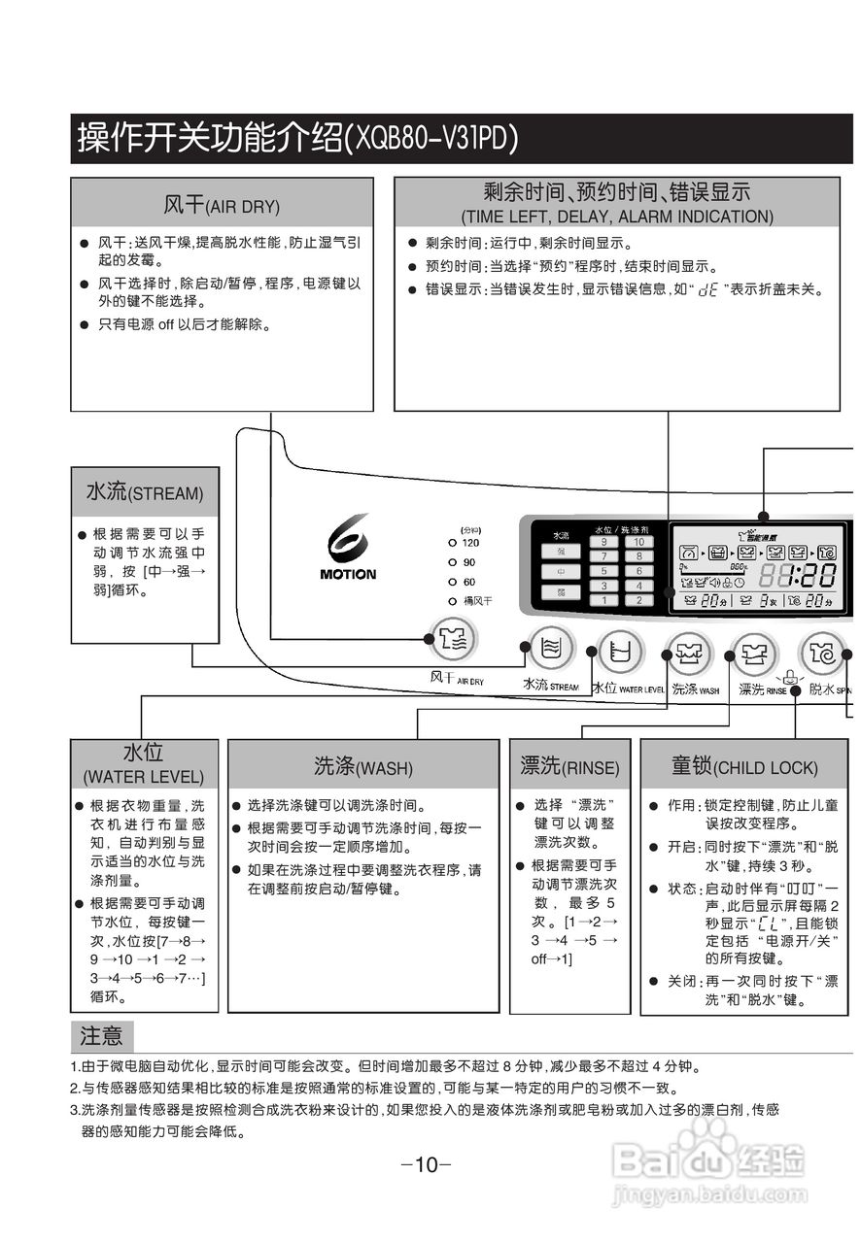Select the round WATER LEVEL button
click(619, 651)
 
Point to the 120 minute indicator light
click(452, 543)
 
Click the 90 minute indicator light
click(452, 562)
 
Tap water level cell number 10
click(638, 542)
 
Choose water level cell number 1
click(603, 600)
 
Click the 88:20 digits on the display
click(796, 576)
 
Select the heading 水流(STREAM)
click(145, 492)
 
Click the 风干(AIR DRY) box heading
click(222, 205)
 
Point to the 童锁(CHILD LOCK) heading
click(743, 767)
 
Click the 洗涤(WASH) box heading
click(362, 767)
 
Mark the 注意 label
click(101, 1036)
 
